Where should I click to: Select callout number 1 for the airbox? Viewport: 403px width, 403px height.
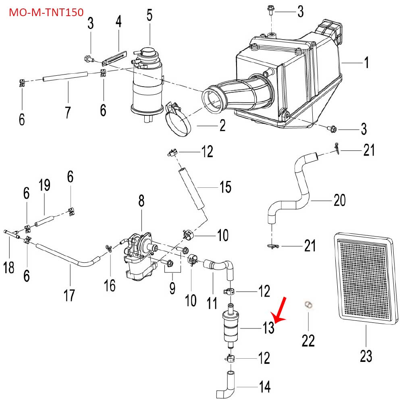[366, 63]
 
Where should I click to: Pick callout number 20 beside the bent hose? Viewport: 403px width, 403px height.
[340, 200]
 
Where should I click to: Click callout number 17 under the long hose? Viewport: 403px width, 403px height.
[69, 295]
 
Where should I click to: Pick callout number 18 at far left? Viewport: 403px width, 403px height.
[9, 267]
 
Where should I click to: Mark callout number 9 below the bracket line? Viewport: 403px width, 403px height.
[172, 288]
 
